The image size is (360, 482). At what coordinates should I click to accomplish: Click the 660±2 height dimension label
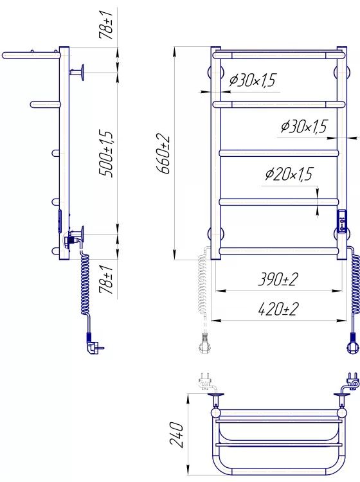tap(163, 154)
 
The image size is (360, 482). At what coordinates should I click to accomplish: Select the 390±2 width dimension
tap(278, 279)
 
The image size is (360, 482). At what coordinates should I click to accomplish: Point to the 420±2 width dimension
tap(278, 309)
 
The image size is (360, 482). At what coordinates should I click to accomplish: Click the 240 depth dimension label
tap(176, 434)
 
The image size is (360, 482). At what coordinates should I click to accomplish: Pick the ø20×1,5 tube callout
tap(289, 174)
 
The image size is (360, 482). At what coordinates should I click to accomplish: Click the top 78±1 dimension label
tap(106, 24)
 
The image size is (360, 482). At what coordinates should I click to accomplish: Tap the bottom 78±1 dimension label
tap(106, 280)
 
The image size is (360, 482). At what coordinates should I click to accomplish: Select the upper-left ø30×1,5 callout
tap(253, 80)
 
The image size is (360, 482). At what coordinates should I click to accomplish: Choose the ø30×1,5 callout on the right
tap(304, 127)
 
